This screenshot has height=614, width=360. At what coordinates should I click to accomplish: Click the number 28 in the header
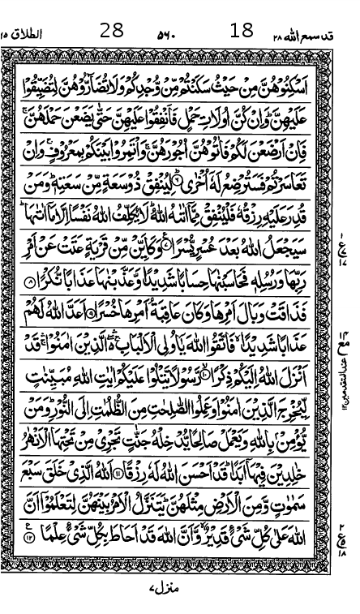pos(112,32)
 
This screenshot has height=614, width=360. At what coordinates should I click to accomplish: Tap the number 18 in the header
pos(242,32)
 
